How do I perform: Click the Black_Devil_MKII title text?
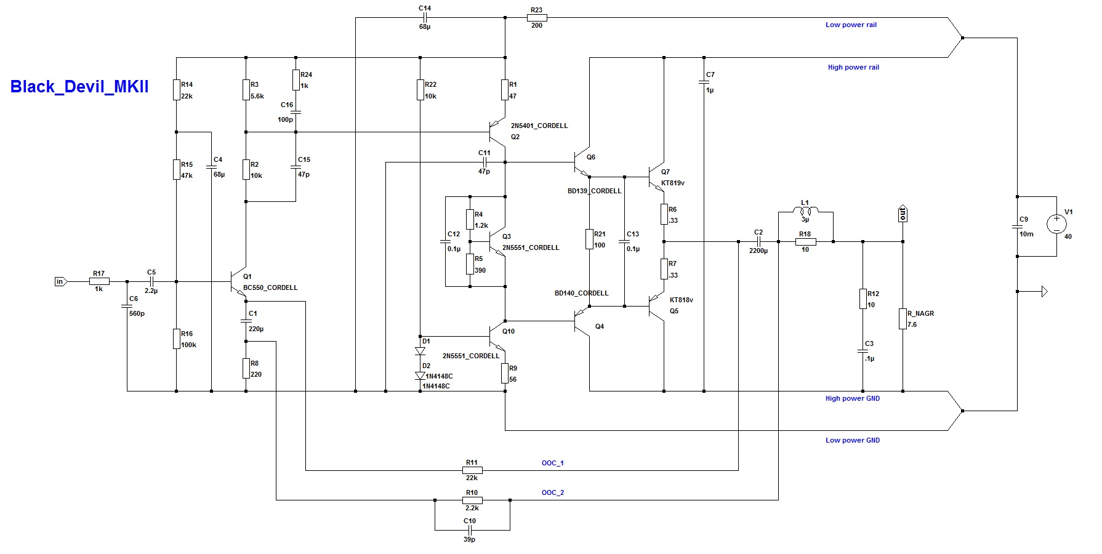(x=79, y=87)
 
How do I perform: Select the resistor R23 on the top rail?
(x=537, y=18)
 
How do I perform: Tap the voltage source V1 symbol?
(x=1056, y=225)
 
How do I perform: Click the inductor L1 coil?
(x=805, y=212)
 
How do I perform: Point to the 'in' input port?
(x=60, y=281)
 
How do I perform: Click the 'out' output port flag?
(x=903, y=214)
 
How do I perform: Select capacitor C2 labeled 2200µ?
(x=758, y=241)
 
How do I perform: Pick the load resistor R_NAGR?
(x=903, y=319)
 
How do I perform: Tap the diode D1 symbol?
(x=420, y=351)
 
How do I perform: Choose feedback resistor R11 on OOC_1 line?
(x=472, y=470)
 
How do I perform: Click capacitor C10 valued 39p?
(x=469, y=529)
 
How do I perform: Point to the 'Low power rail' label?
(x=851, y=25)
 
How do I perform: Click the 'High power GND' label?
(x=852, y=399)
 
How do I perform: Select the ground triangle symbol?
(x=1044, y=291)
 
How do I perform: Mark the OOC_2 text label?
(x=552, y=492)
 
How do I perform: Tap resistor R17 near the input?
(x=99, y=281)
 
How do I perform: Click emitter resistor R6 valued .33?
(x=664, y=214)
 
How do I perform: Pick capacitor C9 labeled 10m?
(x=1017, y=227)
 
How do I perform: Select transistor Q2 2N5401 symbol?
(x=497, y=132)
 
